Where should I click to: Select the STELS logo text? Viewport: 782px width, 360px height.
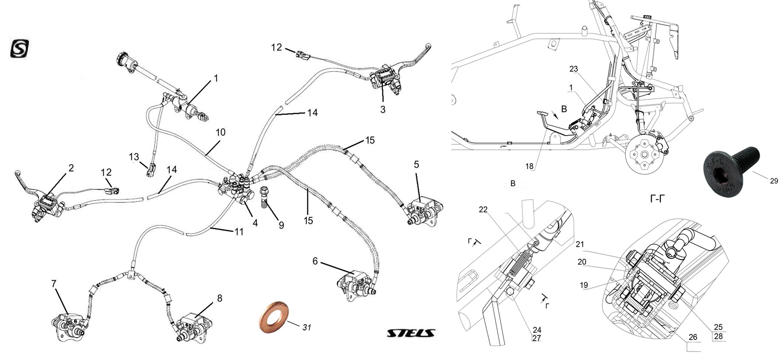pyautogui.click(x=411, y=333)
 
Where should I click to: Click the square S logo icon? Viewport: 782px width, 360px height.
pyautogui.click(x=20, y=49)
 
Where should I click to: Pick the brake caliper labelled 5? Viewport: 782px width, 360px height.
pyautogui.click(x=419, y=209)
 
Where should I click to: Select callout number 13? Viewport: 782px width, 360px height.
pyautogui.click(x=134, y=157)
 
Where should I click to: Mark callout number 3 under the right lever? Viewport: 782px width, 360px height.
pyautogui.click(x=383, y=110)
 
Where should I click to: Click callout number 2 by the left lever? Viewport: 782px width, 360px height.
pyautogui.click(x=71, y=168)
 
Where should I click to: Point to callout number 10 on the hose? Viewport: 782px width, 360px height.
pyautogui.click(x=221, y=132)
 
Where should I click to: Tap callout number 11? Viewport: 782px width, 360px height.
pyautogui.click(x=239, y=232)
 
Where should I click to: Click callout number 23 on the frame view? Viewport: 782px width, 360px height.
pyautogui.click(x=574, y=69)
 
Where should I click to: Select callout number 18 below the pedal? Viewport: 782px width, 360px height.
pyautogui.click(x=529, y=166)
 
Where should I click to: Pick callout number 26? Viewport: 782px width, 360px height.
pyautogui.click(x=693, y=337)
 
